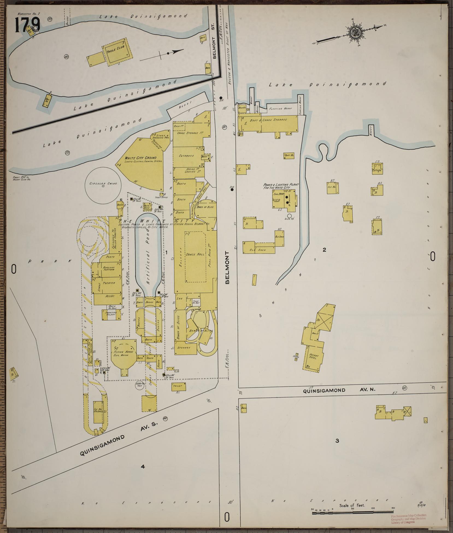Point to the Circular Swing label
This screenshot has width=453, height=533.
click(x=103, y=184)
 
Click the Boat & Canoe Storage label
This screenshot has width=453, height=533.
click(x=272, y=120)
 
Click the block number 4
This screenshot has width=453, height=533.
click(x=142, y=467)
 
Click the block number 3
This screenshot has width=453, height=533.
click(x=337, y=441)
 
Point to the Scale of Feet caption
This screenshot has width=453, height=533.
click(x=352, y=506)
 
